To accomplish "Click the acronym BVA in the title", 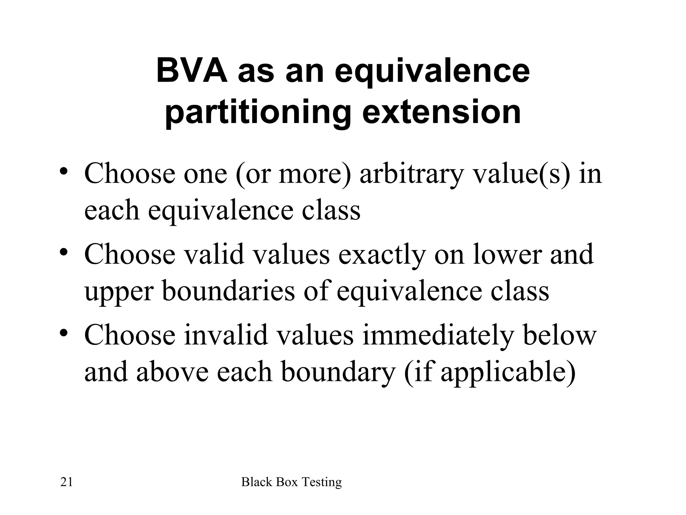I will [192, 71].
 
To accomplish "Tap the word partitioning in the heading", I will [258, 112].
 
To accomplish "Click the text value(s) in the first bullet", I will [521, 174].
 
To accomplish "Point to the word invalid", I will [226, 335].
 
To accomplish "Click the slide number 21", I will [66, 482].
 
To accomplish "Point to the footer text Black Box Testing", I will [291, 482].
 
